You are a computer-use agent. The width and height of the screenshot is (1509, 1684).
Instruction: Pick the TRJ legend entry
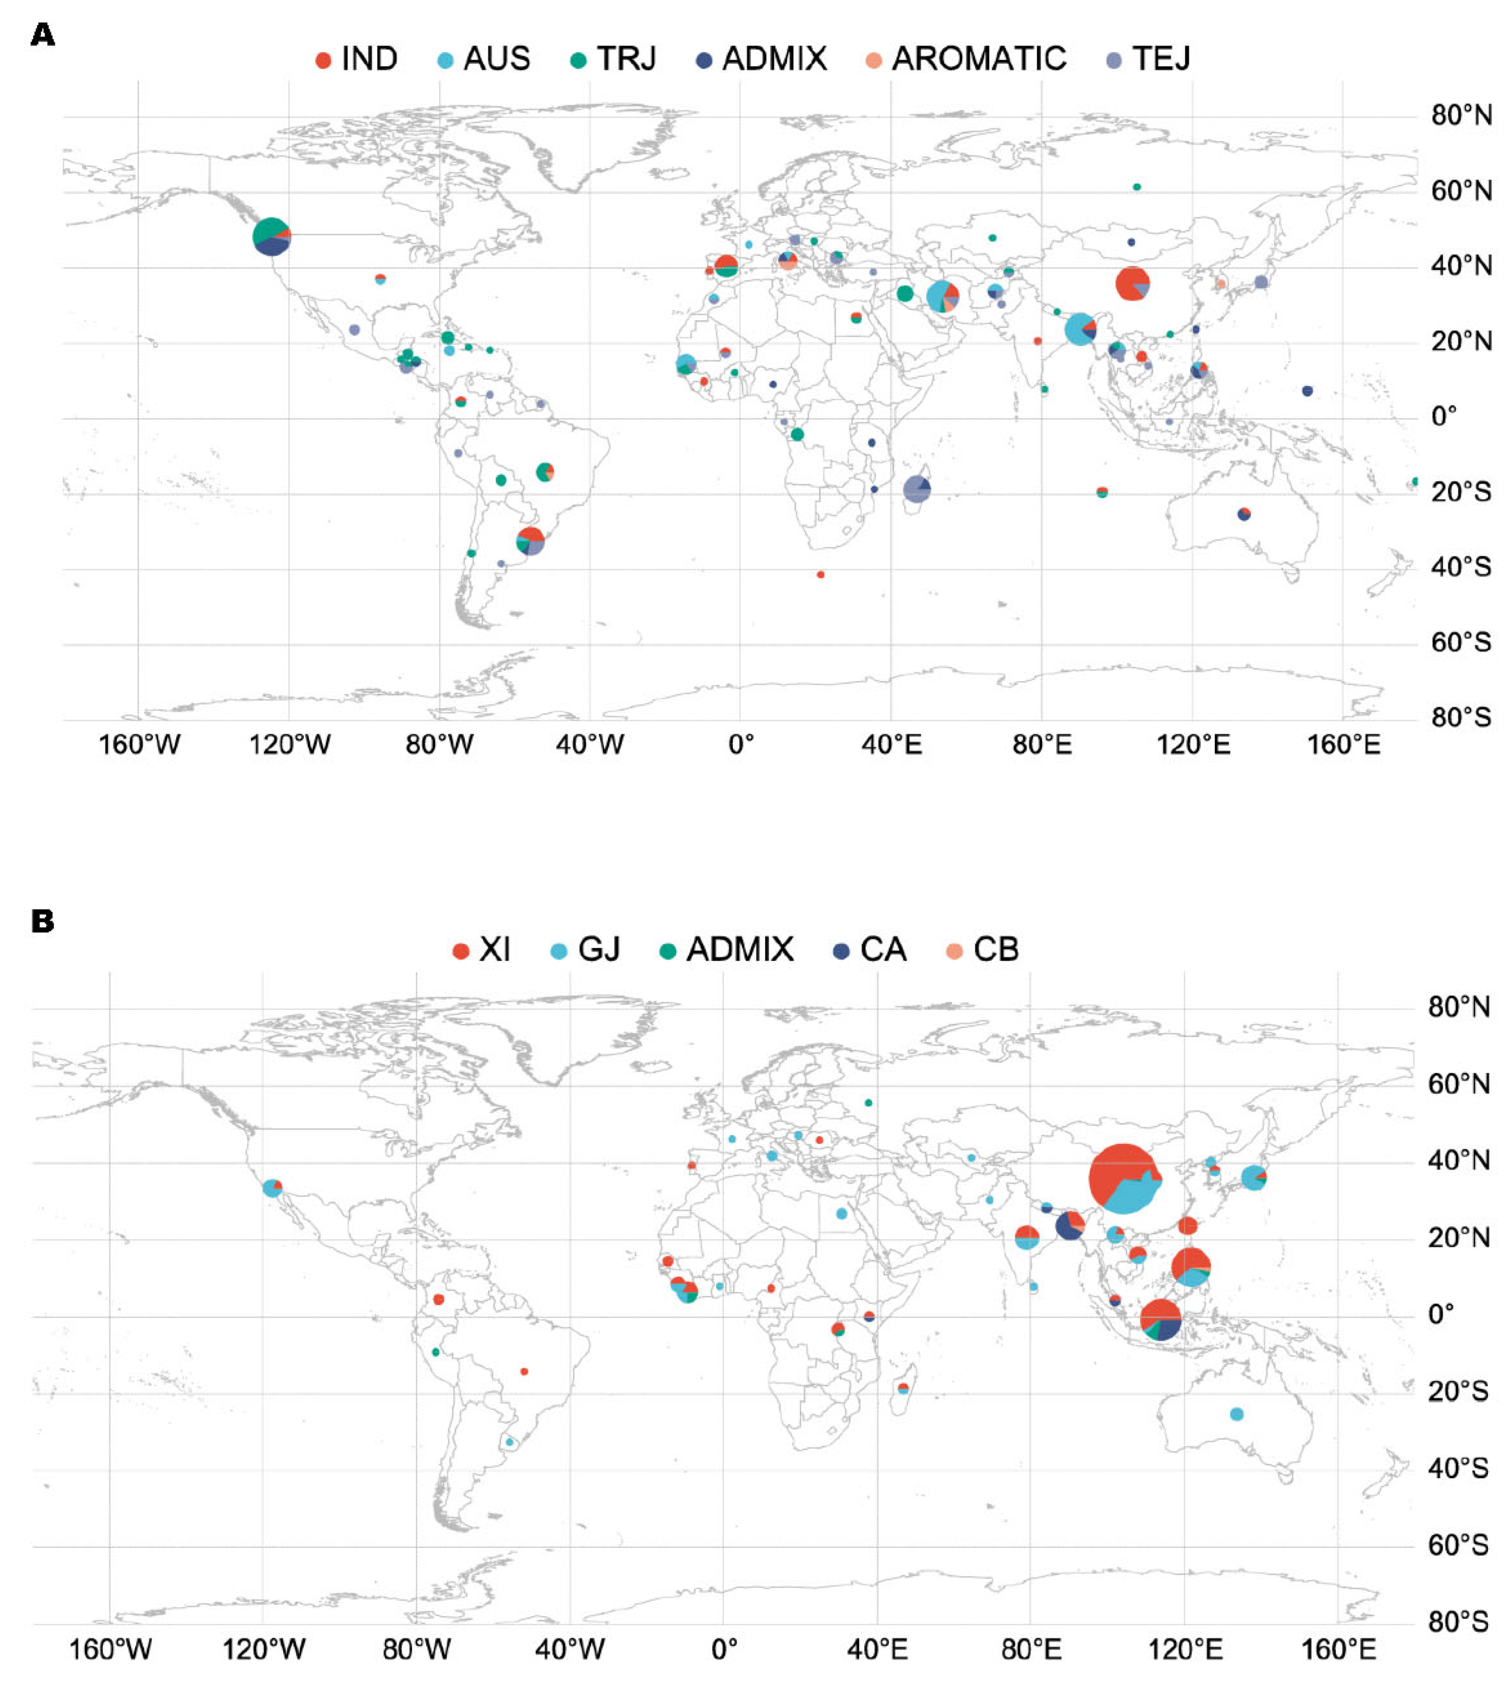coord(613,59)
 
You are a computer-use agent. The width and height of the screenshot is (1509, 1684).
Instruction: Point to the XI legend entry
coord(482,949)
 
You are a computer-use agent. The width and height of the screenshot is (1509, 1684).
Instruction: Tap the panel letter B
coord(42,921)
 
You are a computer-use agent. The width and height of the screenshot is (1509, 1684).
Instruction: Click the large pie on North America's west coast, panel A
coord(271,236)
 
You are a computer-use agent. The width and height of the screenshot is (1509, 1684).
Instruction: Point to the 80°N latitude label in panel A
coord(1461,115)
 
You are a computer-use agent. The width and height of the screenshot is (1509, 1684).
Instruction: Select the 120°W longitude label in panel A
coord(289,744)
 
